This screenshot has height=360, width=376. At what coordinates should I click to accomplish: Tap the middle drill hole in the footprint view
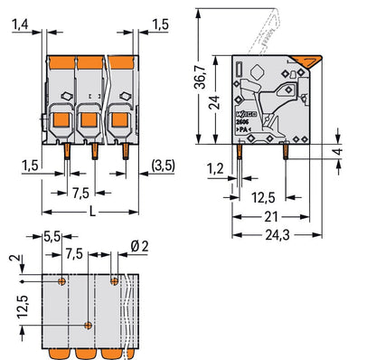pyautogui.click(x=88, y=324)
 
